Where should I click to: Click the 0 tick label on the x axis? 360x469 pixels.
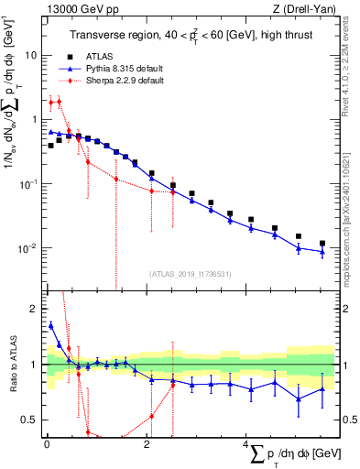pyautogui.click(x=46, y=444)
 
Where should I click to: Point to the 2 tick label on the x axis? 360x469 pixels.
pyautogui.click(x=147, y=444)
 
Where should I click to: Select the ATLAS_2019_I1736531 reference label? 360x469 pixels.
pyautogui.click(x=191, y=273)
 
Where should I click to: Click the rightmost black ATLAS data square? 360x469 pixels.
pyautogui.click(x=322, y=244)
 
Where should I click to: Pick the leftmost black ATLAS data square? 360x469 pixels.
pyautogui.click(x=50, y=146)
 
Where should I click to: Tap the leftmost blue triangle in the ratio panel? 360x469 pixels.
pyautogui.click(x=50, y=324)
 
